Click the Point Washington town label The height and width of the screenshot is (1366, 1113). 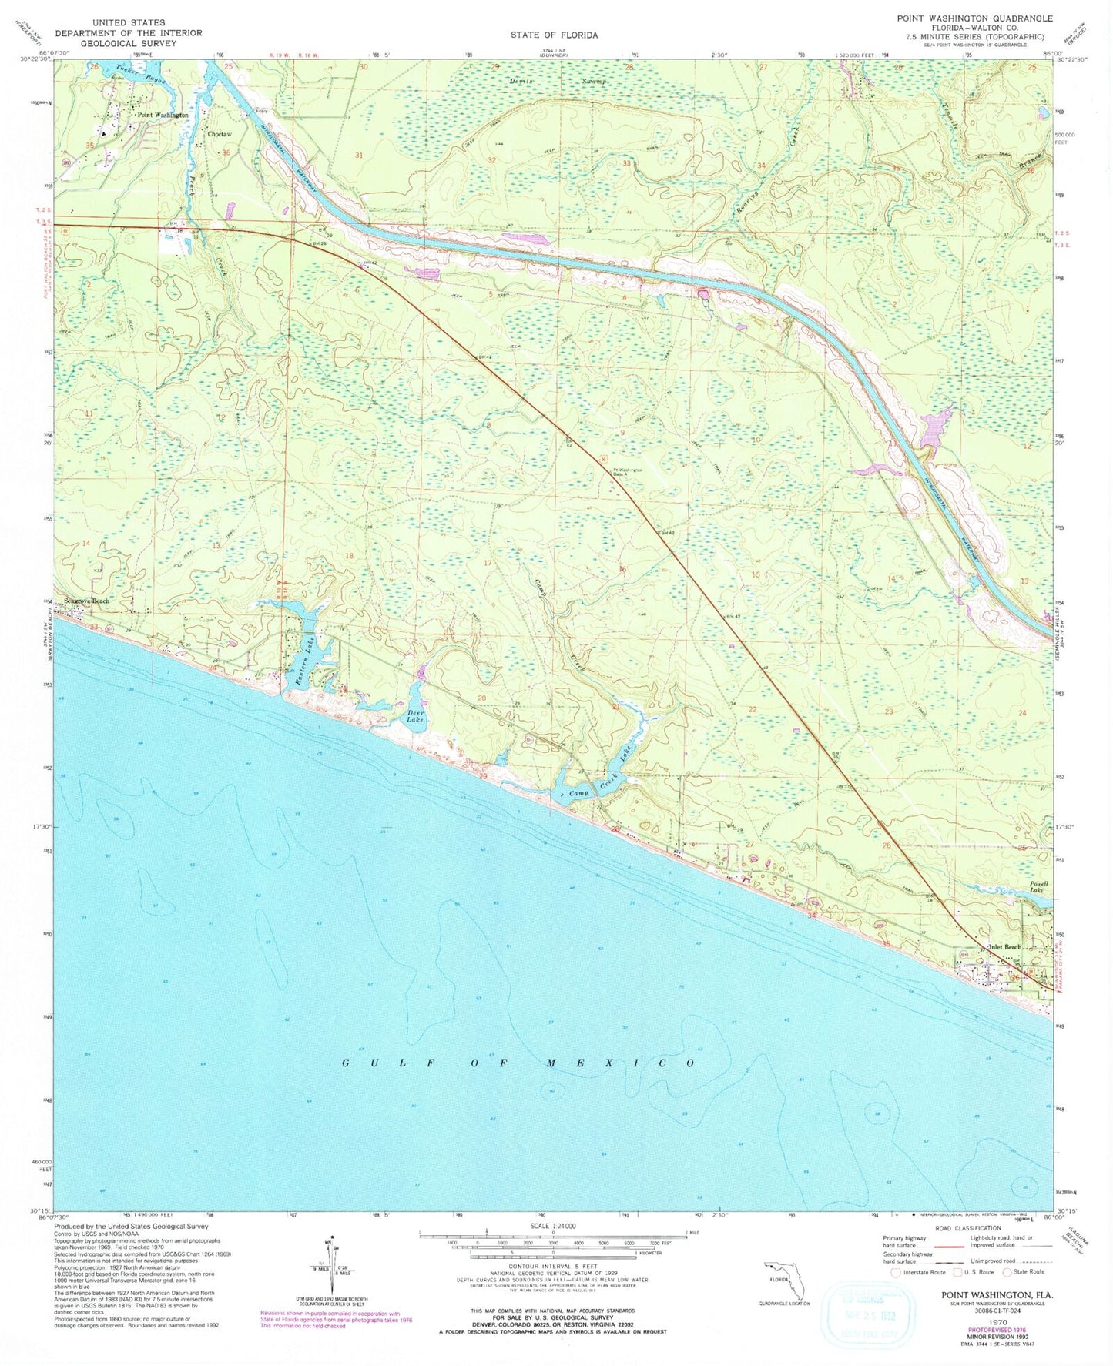[162, 115]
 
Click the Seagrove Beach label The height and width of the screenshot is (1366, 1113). [87, 601]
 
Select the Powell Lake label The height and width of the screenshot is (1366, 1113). [1039, 888]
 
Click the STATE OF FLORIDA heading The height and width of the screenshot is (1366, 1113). [553, 35]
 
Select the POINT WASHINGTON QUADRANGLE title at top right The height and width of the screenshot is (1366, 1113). [974, 18]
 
